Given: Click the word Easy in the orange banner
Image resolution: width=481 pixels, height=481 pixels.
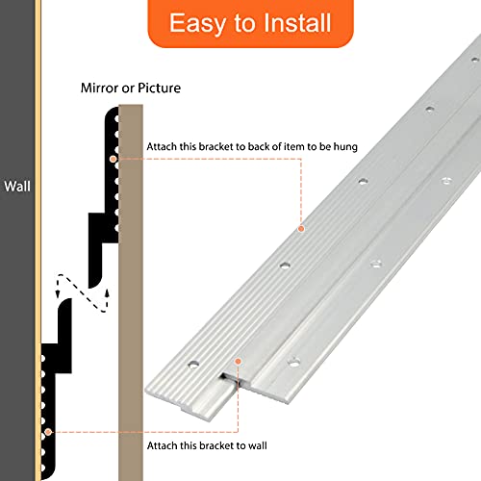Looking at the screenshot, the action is tap(197, 23).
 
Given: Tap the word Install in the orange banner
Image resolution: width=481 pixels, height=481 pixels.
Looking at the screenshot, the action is tap(297, 22).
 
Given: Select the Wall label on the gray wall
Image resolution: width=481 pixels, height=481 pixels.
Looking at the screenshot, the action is tap(17, 187).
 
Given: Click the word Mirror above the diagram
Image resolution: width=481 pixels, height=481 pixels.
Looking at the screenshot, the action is tap(99, 88).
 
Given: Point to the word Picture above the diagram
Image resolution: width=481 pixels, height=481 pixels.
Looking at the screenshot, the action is tap(160, 88).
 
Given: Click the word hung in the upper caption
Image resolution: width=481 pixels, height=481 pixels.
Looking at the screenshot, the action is tap(345, 147).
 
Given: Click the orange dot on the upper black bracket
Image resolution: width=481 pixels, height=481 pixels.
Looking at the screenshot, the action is tap(113, 159).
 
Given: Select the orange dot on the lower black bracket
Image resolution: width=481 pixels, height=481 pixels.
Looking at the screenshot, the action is tap(48, 432).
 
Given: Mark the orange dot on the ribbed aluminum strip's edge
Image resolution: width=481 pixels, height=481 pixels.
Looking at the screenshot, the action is tap(301, 229).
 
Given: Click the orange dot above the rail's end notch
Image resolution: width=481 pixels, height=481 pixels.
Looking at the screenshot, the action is tap(238, 362).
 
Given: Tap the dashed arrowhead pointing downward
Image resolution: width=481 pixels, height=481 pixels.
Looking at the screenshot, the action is tap(58, 293).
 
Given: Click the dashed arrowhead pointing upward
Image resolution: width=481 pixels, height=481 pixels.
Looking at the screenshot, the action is tap(107, 293).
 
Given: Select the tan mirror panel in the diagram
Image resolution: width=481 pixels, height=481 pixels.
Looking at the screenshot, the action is tap(131, 292).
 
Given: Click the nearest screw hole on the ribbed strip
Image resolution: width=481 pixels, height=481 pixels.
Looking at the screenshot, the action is tap(193, 365).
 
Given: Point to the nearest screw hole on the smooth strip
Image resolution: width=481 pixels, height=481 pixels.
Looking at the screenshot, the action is tap(293, 363).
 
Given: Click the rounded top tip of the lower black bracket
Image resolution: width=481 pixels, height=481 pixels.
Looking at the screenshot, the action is tap(65, 303).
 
